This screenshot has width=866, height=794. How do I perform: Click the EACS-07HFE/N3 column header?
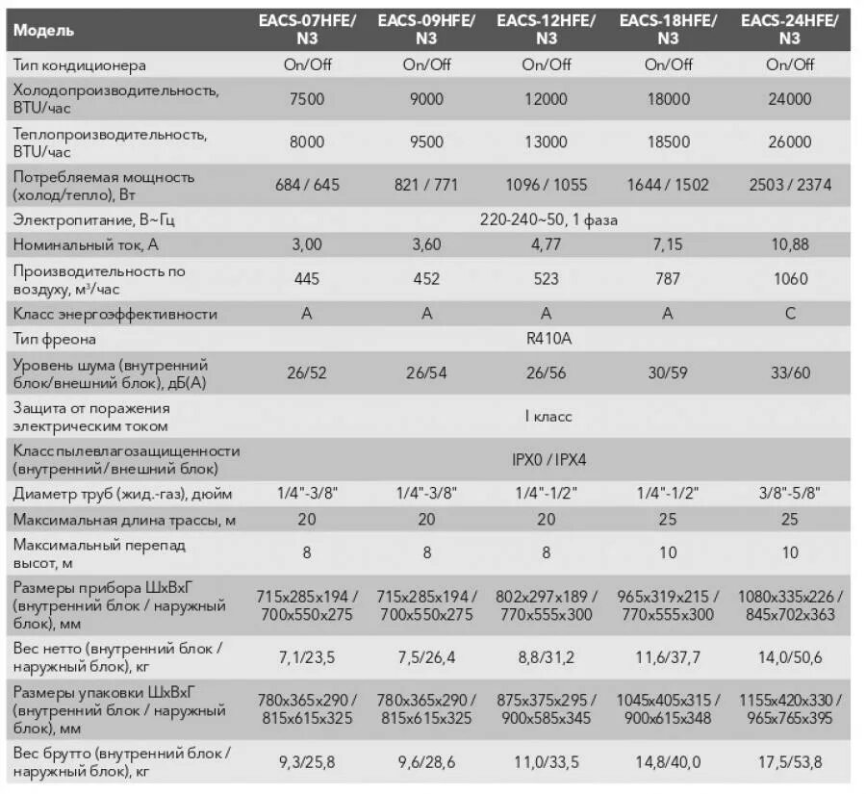point(307,29)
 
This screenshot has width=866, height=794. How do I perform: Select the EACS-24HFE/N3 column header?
point(789,29)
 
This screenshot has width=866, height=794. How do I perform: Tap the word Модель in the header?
point(44,30)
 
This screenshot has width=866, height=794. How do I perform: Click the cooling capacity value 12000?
point(547,99)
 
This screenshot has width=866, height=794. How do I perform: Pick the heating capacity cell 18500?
point(669,141)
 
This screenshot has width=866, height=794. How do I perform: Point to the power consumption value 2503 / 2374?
point(789,184)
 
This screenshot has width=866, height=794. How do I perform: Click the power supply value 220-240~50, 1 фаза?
point(548,220)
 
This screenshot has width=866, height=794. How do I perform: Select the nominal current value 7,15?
point(669,245)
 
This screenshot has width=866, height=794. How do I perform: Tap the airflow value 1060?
point(789,279)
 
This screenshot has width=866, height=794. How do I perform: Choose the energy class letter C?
point(789,314)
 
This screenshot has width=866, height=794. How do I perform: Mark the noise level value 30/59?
point(669,373)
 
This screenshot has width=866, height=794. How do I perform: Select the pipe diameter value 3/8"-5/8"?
point(789,493)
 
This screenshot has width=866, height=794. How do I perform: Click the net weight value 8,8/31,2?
point(547,656)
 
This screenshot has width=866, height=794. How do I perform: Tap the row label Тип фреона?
point(55,340)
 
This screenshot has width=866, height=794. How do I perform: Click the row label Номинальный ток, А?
point(86,245)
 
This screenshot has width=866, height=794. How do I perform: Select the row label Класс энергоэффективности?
point(115,314)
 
